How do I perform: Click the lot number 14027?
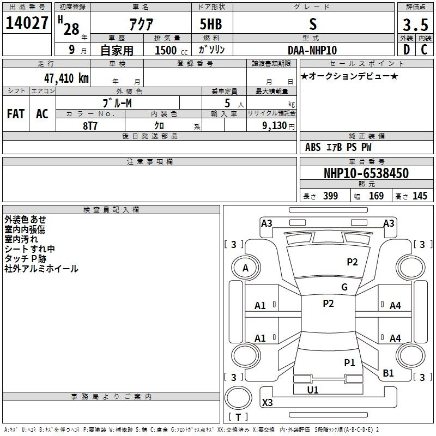click(27, 23)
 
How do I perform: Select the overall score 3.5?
click(415, 25)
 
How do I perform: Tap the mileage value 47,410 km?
click(66, 78)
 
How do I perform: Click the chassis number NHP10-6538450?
click(366, 173)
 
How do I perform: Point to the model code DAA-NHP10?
click(312, 50)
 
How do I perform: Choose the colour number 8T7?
click(90, 126)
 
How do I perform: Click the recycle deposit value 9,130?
click(275, 126)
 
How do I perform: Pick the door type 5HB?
click(211, 24)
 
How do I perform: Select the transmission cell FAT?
click(16, 114)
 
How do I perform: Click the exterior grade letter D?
click(407, 50)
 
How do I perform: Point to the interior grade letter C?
click(424, 50)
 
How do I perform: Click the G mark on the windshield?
click(344, 287)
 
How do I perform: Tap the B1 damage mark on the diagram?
click(388, 373)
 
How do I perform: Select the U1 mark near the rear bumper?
click(312, 390)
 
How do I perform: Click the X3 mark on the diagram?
click(267, 402)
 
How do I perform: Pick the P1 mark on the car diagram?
click(349, 362)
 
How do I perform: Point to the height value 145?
click(420, 196)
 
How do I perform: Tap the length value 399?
click(330, 196)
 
